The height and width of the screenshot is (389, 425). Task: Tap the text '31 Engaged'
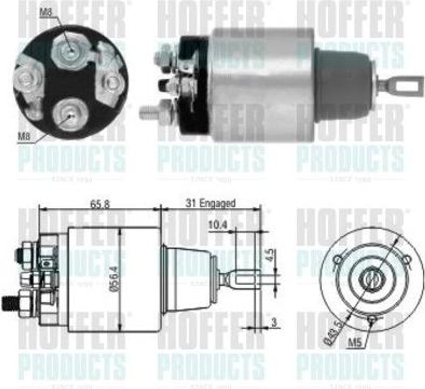click(211, 203)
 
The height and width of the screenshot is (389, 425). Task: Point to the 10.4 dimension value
click(218, 225)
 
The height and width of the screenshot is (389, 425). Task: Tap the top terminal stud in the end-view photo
click(71, 51)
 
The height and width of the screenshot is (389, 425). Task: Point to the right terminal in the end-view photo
click(111, 83)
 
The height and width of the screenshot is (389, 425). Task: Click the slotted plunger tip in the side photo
click(401, 86)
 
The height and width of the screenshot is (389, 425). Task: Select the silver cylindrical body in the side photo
click(261, 85)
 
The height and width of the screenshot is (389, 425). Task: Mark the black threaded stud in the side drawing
click(9, 302)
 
